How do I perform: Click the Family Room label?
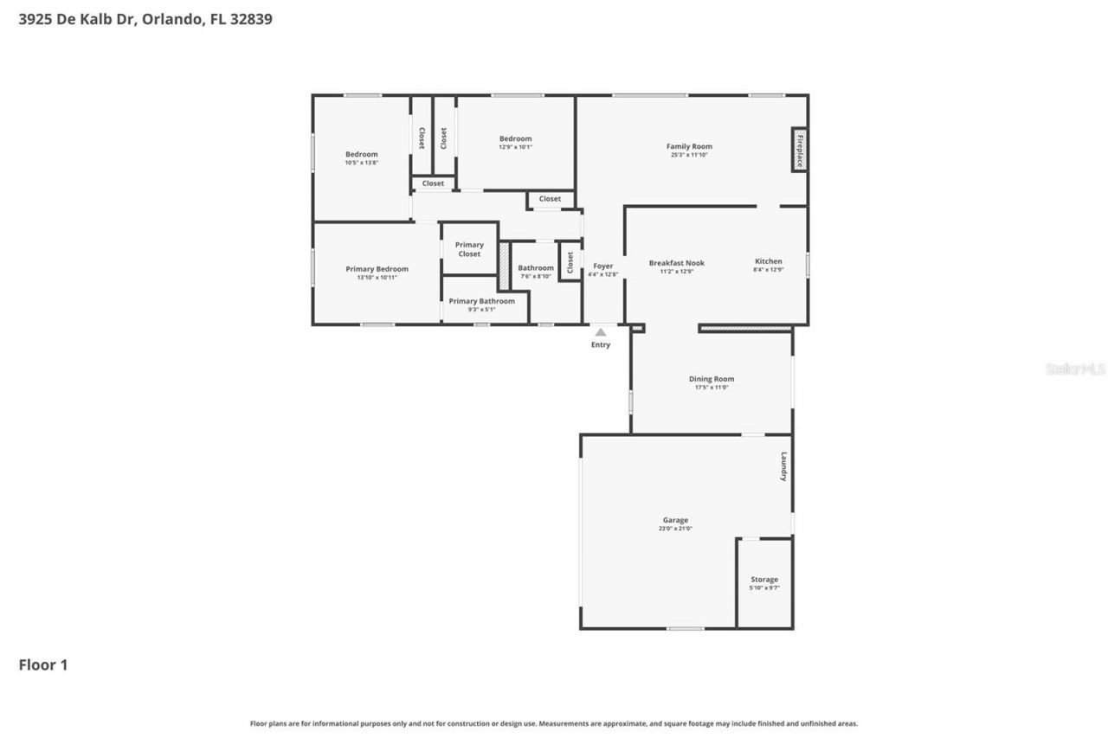[689, 146]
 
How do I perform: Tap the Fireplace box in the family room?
[800, 151]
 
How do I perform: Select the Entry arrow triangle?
[600, 332]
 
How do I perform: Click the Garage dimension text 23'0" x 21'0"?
[675, 529]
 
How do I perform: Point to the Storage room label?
[763, 580]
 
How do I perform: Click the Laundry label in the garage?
[783, 466]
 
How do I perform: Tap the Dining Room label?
[711, 379]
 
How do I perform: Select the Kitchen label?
[768, 261]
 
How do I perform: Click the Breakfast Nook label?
[676, 263]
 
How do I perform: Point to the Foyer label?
[602, 266]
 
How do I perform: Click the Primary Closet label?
[469, 249]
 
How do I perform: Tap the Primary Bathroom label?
[481, 301]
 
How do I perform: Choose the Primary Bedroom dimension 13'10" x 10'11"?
[377, 278]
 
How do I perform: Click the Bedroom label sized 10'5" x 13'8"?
[361, 154]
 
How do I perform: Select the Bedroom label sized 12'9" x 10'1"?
[515, 138]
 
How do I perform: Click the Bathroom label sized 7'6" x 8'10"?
[536, 268]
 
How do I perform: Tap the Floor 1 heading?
[42, 664]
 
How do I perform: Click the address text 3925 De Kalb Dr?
[76, 18]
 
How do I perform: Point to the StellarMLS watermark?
[1075, 369]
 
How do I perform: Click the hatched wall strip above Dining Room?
[744, 329]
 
